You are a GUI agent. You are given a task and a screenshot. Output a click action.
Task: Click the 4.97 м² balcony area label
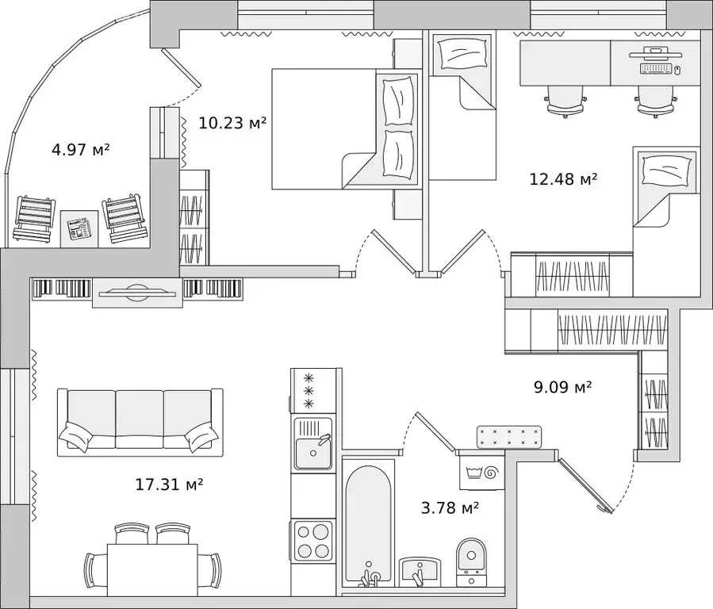coord(81,150)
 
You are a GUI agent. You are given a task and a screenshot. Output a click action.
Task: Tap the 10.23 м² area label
coord(232,123)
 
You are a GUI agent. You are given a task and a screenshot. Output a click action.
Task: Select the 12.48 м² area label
coord(563,179)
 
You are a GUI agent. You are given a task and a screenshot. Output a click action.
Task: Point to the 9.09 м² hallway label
coord(562,387)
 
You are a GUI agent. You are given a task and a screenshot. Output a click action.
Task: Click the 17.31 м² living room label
coord(169,485)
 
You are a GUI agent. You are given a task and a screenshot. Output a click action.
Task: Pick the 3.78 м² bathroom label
coord(450,507)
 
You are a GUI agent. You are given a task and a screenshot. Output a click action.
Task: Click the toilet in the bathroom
coord(472,563)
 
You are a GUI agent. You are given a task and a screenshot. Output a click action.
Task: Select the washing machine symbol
coord(482,473)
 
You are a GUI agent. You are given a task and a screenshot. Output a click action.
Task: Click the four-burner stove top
coord(312,541)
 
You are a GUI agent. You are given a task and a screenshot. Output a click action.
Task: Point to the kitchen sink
coord(312,444)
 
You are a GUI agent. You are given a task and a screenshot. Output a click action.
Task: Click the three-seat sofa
coord(140,422)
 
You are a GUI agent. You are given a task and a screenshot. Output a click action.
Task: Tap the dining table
coord(151,570)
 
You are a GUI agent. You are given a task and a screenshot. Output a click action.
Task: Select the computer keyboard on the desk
coord(656,69)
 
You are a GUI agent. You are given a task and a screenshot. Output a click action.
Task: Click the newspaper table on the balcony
coord(79,228)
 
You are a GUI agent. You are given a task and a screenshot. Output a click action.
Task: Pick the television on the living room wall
coord(137,293)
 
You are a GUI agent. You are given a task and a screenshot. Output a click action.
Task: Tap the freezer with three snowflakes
coord(313,391)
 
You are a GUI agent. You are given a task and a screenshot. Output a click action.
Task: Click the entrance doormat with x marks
coord(509,437)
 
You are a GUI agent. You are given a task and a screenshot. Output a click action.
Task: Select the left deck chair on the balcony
coord(35,219)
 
